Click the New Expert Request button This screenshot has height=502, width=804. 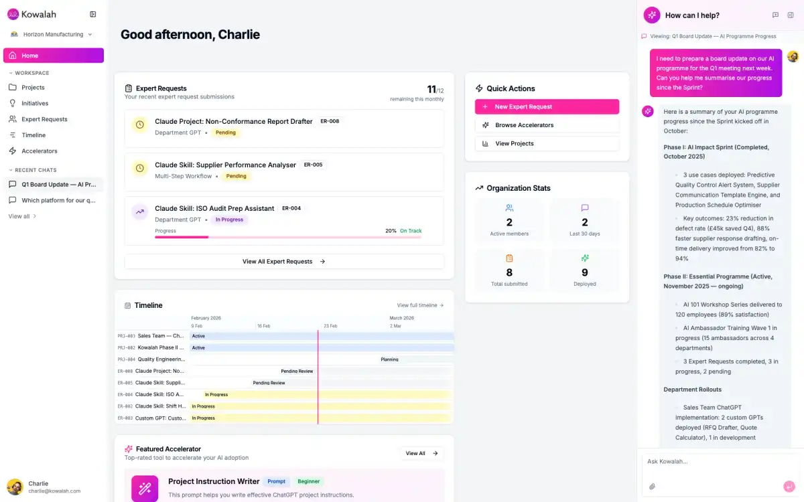pyautogui.click(x=547, y=106)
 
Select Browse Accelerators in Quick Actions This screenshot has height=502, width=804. pyautogui.click(x=547, y=125)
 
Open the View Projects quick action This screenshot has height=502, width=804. pyautogui.click(x=547, y=143)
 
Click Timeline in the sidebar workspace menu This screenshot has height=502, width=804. pyautogui.click(x=33, y=135)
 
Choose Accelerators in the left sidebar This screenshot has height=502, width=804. pyautogui.click(x=40, y=151)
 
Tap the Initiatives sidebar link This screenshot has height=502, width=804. pyautogui.click(x=35, y=103)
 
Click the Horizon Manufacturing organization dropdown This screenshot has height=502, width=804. pyautogui.click(x=52, y=34)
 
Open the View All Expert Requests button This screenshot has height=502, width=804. pyautogui.click(x=284, y=262)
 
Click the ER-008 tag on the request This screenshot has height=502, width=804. pyautogui.click(x=330, y=121)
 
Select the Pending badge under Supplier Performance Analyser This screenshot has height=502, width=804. pyautogui.click(x=236, y=176)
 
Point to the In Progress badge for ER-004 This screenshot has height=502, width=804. pyautogui.click(x=229, y=220)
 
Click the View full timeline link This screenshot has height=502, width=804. pyautogui.click(x=420, y=305)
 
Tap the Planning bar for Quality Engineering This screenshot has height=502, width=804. pyautogui.click(x=389, y=359)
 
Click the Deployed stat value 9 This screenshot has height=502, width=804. pyautogui.click(x=584, y=272)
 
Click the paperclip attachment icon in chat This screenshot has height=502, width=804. pyautogui.click(x=652, y=487)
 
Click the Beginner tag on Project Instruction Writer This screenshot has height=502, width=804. pyautogui.click(x=309, y=481)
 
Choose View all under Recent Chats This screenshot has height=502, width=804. pyautogui.click(x=22, y=216)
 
